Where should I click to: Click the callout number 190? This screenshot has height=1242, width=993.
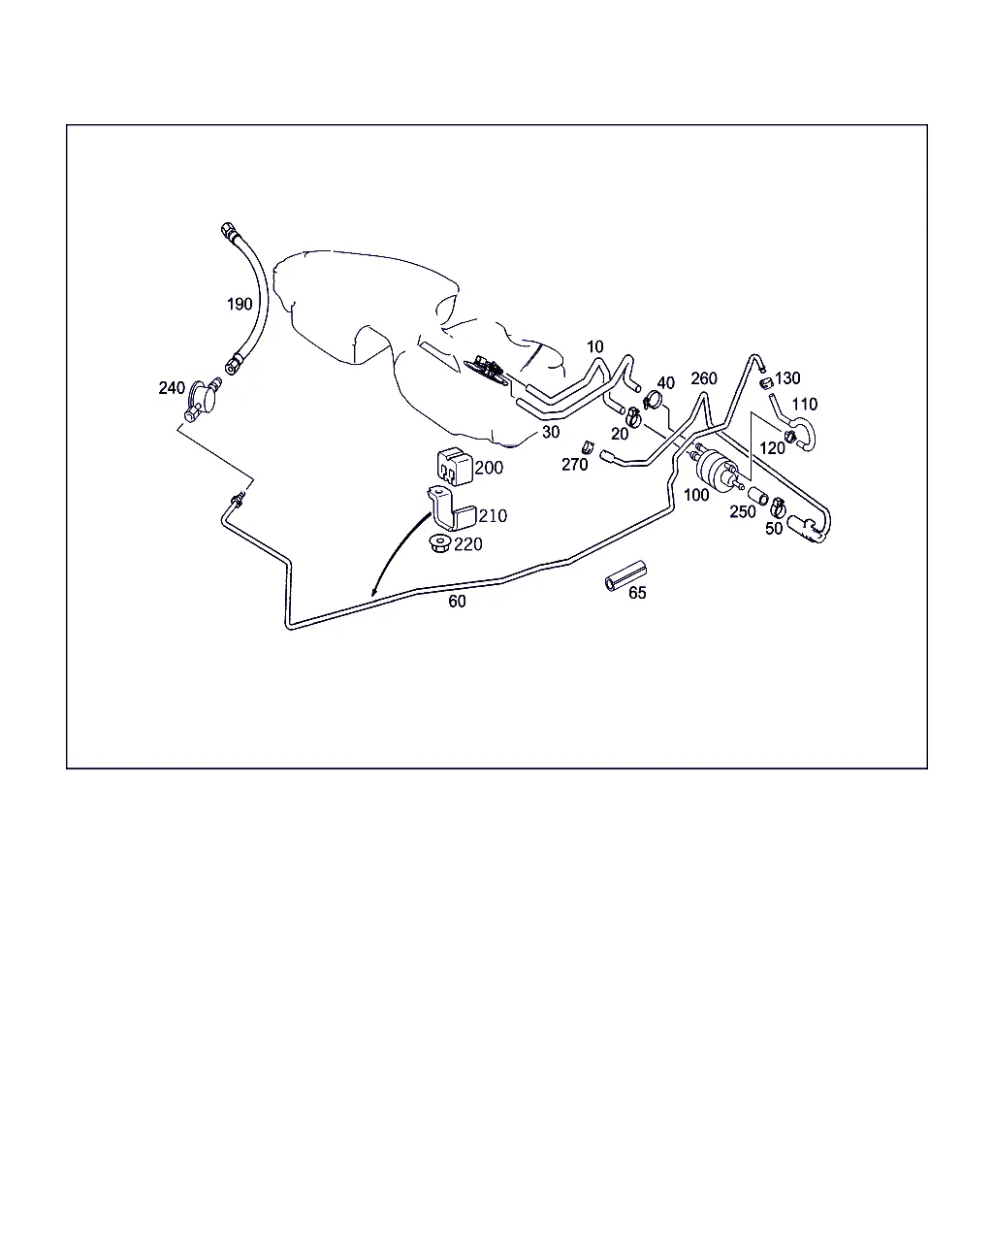click(x=240, y=304)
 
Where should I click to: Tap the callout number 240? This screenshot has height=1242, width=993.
click(x=172, y=388)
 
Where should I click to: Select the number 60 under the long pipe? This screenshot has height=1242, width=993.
click(x=457, y=602)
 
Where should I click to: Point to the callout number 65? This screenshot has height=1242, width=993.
click(x=637, y=593)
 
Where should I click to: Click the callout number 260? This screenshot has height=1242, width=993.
click(x=704, y=378)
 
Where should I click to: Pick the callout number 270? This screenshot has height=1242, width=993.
click(x=575, y=465)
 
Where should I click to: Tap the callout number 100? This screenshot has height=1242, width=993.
click(x=696, y=495)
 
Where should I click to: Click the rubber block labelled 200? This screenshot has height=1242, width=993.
click(x=455, y=467)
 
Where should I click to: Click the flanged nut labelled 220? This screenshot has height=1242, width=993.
click(x=440, y=543)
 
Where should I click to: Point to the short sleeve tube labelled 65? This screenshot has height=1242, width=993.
click(x=625, y=576)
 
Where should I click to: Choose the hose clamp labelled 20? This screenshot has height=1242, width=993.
click(x=633, y=416)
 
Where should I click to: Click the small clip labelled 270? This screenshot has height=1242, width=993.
click(x=588, y=447)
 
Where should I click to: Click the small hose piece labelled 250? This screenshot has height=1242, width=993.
click(x=758, y=496)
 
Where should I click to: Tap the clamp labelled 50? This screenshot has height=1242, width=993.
click(x=778, y=507)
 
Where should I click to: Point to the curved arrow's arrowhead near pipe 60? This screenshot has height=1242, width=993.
click(x=374, y=592)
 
